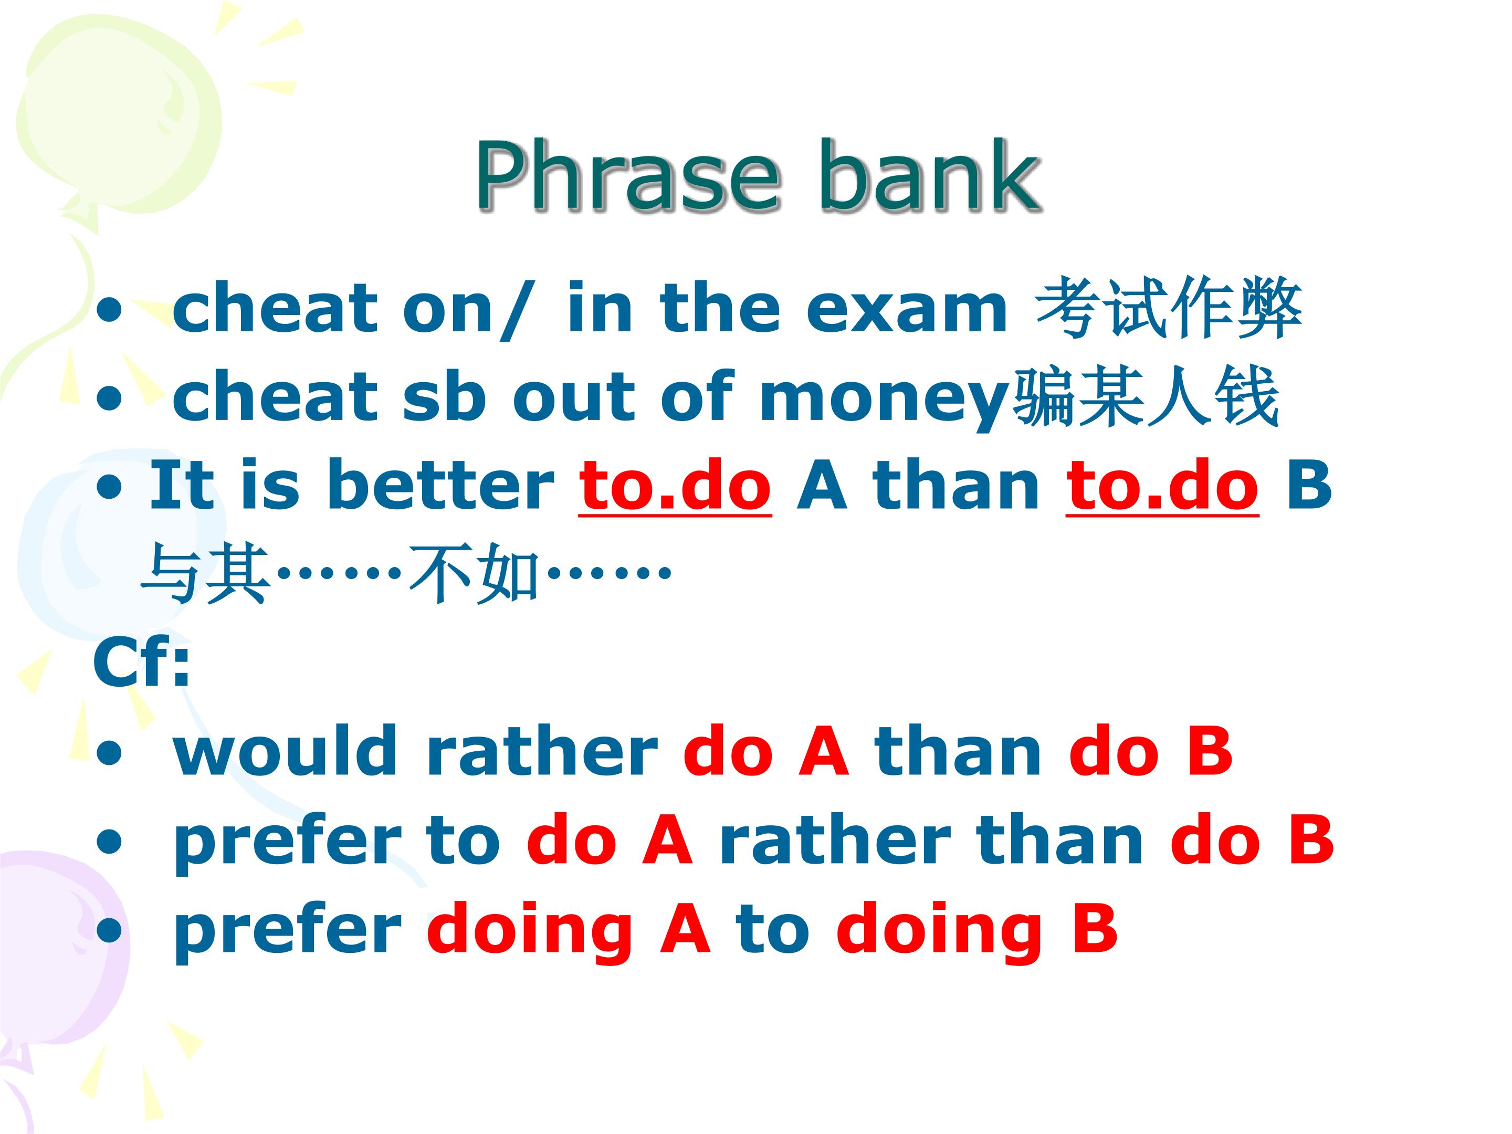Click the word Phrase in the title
[x=627, y=176]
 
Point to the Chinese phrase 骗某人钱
[x=1145, y=396]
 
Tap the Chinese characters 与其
[x=206, y=573]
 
